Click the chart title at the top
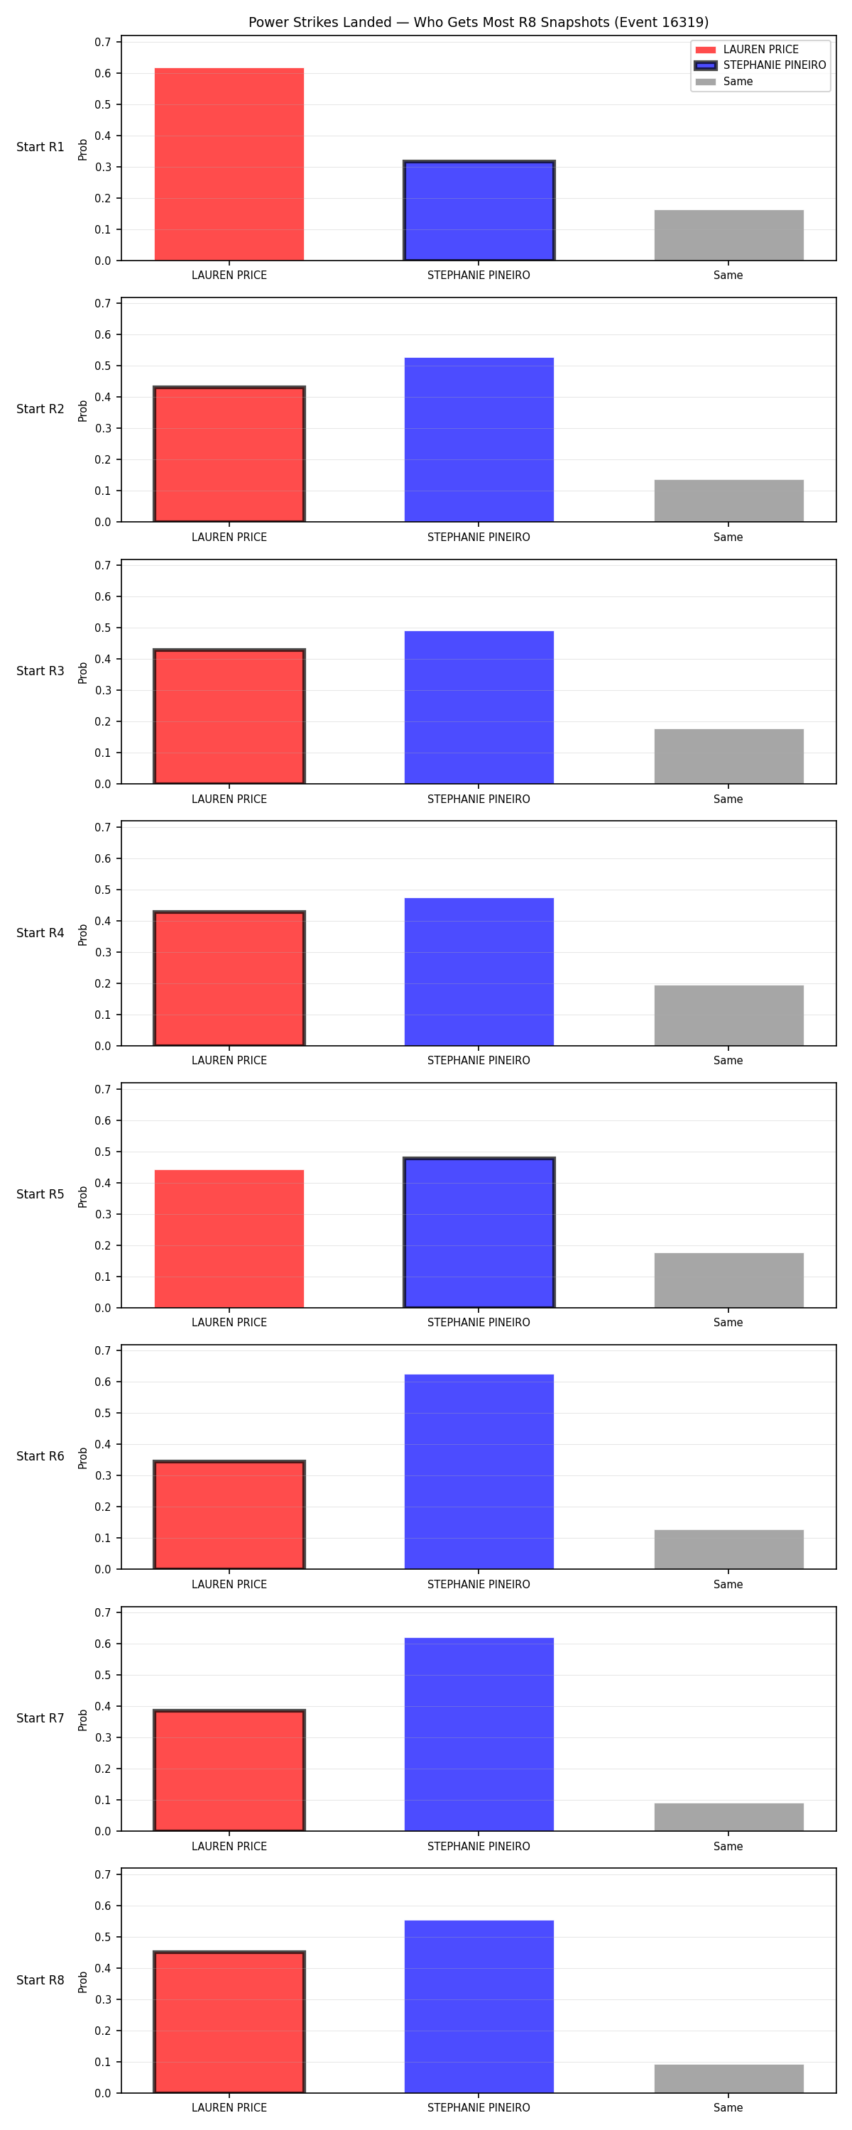coord(478,22)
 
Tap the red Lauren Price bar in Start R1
coord(229,165)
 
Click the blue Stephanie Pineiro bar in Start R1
coord(479,211)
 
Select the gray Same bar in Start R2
coord(728,501)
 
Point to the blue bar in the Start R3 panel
coord(479,708)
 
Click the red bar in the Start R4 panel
coord(229,979)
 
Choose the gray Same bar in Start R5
coord(728,1281)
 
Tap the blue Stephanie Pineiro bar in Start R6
coord(479,1472)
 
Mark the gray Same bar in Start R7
coord(728,1818)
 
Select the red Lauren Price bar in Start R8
coord(229,2023)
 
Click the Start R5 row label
coord(40,1194)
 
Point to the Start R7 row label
coord(40,1718)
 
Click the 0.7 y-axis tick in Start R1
coord(102,42)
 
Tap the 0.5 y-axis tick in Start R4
coord(102,890)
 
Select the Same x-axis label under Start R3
coord(728,799)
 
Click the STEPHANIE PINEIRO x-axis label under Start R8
coord(479,2108)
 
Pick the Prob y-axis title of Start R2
coord(83,411)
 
